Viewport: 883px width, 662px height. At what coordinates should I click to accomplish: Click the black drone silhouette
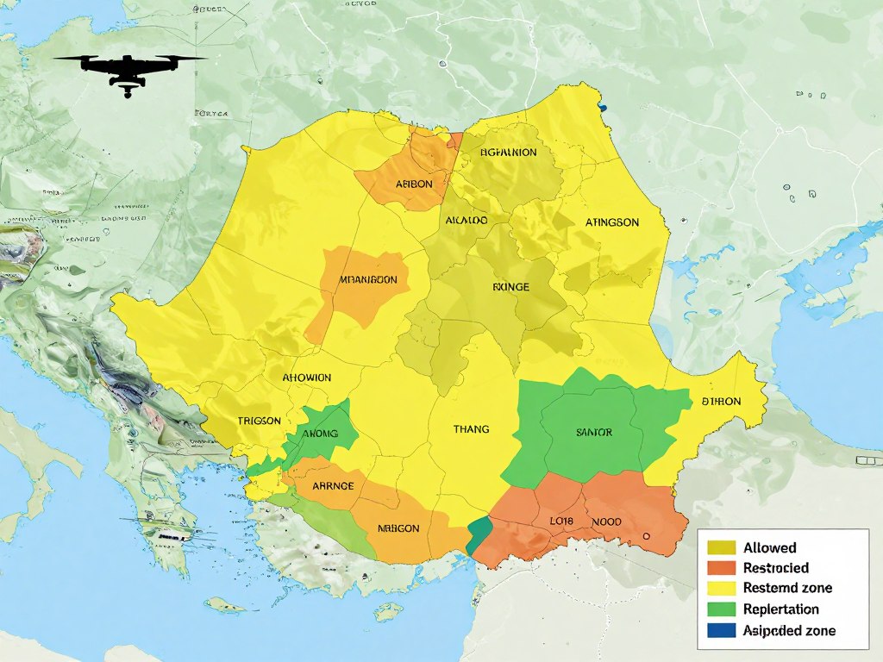pos(128,71)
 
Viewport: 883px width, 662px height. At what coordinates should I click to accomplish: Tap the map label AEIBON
pos(414,184)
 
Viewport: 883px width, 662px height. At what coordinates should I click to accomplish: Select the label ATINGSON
pos(612,222)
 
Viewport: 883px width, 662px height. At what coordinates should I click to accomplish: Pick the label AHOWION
pos(306,378)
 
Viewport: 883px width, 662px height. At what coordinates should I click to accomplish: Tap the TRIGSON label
pos(259,421)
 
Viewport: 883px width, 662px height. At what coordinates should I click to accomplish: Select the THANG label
pos(471,428)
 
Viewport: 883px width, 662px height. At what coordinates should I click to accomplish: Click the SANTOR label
pos(592,432)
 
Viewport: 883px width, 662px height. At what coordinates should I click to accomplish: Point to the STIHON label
pos(721,401)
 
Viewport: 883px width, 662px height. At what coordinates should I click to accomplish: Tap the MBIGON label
pos(398,528)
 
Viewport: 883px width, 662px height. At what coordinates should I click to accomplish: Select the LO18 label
pos(562,521)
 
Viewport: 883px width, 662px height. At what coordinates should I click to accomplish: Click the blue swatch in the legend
pos(721,630)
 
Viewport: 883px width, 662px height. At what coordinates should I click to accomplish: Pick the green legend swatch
pos(721,609)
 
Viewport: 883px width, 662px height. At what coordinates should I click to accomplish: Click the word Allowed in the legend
pos(769,547)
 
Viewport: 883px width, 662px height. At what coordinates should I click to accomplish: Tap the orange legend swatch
pos(721,568)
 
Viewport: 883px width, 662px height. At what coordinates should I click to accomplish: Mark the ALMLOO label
pos(467,221)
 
